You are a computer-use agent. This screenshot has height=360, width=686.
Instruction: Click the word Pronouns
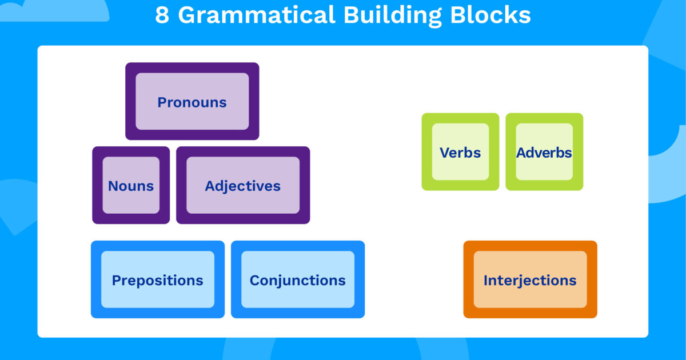192,102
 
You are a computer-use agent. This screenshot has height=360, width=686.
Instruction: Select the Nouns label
131,186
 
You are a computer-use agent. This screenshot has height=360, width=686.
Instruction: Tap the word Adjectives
243,186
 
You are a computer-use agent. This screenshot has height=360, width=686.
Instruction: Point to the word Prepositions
157,281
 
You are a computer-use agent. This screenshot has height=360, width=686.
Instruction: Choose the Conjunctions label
297,281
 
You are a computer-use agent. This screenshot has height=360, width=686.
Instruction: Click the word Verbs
460,153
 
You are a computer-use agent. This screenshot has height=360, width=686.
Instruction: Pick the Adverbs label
544,153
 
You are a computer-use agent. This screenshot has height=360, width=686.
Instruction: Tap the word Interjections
530,281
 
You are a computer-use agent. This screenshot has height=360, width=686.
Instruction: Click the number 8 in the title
162,15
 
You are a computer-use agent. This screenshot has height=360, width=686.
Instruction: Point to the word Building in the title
392,15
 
